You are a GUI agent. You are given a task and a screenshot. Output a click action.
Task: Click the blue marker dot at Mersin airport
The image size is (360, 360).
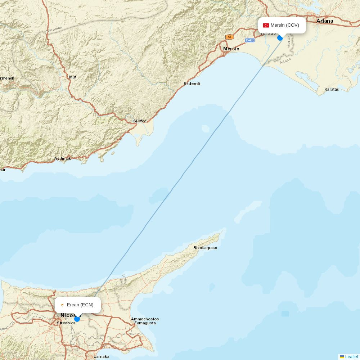point(280,38)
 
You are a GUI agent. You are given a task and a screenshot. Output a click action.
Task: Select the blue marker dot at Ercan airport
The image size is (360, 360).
point(77,319)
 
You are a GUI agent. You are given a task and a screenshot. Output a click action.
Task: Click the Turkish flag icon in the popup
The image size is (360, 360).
point(266,25)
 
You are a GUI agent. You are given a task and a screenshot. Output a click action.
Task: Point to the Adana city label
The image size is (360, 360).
point(325,21)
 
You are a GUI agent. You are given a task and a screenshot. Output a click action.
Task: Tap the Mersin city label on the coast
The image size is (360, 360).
point(231,49)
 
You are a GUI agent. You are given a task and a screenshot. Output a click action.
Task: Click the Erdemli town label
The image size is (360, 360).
point(192,84)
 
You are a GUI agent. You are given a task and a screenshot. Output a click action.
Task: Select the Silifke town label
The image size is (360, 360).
point(140,121)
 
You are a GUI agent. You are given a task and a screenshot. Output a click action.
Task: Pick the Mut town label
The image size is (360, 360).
point(73,77)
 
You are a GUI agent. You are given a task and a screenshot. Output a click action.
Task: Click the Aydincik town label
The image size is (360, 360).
point(63,158)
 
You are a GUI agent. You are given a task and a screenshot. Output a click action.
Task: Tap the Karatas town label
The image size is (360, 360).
point(332,89)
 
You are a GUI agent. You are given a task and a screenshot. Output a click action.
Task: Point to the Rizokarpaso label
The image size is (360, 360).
point(205,248)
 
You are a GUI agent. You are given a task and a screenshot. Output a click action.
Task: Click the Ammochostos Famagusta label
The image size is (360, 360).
point(145,321)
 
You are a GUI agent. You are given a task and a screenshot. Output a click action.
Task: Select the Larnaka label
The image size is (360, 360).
point(102,356)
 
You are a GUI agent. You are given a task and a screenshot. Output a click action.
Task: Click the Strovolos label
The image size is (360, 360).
point(66,323)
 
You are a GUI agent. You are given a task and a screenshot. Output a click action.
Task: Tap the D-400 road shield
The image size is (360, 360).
point(250,40)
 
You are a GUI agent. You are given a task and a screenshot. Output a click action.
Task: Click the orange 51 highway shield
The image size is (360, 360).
point(230,37)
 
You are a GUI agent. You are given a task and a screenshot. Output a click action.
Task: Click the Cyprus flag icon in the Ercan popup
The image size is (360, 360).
point(62,305)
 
